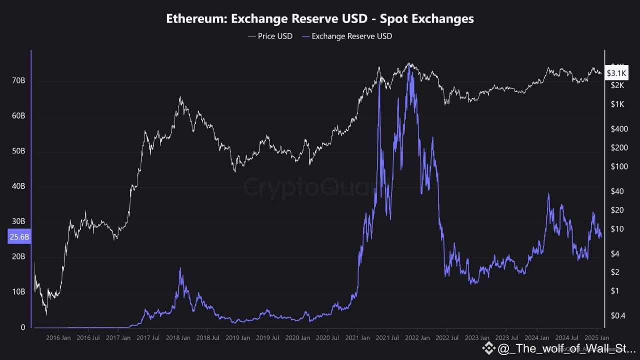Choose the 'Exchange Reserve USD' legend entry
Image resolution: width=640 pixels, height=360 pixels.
click(x=352, y=36)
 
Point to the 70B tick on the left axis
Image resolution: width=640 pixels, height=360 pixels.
click(x=19, y=80)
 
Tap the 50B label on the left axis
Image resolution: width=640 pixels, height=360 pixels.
click(x=19, y=151)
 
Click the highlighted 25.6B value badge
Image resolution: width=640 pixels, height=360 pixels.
click(x=19, y=237)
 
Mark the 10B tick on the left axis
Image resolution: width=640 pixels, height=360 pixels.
click(x=19, y=291)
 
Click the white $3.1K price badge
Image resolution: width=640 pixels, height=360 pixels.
click(x=616, y=73)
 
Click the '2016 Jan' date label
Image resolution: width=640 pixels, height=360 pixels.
click(x=58, y=337)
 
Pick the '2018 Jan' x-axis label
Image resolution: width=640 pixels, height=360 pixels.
click(x=177, y=337)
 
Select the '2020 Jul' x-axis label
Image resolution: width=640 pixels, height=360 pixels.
click(x=327, y=337)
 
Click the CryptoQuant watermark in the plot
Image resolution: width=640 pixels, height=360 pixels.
click(x=310, y=187)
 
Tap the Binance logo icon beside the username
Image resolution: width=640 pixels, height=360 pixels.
click(x=488, y=347)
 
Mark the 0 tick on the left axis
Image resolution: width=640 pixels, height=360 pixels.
click(x=22, y=327)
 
